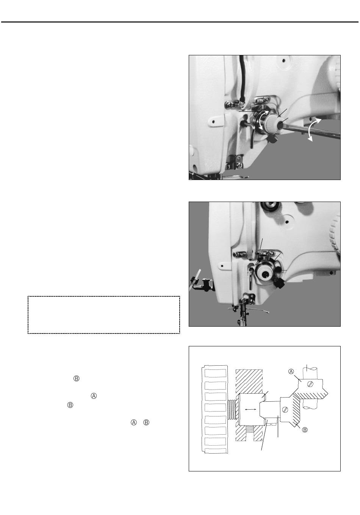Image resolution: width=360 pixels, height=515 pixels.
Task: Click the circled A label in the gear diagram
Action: coord(291,371)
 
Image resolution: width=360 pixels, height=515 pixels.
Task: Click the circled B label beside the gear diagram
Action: coord(305,429)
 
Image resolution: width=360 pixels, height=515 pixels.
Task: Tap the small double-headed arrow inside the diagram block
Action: coord(250,409)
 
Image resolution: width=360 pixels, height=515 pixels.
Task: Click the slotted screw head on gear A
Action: coord(311,384)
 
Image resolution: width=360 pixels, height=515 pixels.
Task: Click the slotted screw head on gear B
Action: coord(285,410)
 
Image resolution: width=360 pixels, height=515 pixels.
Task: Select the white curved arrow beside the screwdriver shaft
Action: coord(314,129)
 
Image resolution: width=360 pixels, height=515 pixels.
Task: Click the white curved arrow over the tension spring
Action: coord(263,119)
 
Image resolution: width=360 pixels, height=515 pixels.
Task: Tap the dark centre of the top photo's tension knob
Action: coord(280,126)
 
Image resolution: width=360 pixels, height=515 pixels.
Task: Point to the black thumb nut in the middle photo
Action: coord(279,285)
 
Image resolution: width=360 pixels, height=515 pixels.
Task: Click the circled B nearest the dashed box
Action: coord(76,379)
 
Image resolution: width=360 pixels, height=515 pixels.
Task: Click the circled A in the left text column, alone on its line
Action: coord(94,396)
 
